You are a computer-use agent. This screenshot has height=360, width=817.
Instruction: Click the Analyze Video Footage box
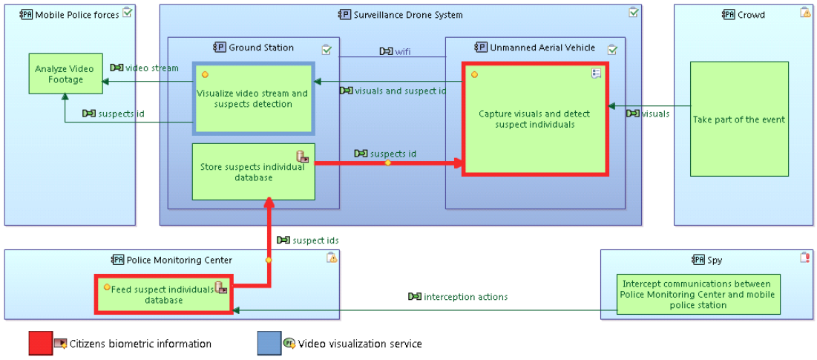point(65,73)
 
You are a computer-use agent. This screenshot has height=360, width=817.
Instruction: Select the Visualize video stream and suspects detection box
point(253,98)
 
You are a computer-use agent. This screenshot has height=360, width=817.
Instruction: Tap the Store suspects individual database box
point(253,171)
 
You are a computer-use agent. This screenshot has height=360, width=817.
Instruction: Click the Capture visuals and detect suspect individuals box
point(534,119)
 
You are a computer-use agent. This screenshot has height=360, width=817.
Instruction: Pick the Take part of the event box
point(738,119)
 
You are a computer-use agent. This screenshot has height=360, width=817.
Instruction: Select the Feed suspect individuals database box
point(163,294)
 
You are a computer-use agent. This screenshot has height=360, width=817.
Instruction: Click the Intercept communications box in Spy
point(696,294)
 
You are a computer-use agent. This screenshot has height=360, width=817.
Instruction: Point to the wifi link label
point(401,51)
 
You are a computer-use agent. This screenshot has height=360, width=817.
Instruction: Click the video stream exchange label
point(151,68)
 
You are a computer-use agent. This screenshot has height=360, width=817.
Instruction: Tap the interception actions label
point(465,297)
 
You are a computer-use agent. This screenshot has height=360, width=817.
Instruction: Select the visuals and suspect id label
point(400,91)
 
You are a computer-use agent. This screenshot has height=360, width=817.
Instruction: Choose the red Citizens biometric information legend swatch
point(40,344)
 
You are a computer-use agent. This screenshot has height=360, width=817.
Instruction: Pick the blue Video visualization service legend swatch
point(269,344)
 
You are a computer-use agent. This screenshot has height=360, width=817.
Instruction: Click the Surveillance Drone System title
point(407,15)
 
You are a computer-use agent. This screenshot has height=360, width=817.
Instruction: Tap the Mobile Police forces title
point(76,15)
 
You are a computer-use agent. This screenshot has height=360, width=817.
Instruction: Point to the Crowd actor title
point(752,15)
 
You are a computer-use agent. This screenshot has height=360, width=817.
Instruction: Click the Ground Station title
point(261,48)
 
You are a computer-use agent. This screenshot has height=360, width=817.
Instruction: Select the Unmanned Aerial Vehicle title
point(542,48)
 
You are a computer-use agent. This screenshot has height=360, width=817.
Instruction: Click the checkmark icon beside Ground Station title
point(327,49)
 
